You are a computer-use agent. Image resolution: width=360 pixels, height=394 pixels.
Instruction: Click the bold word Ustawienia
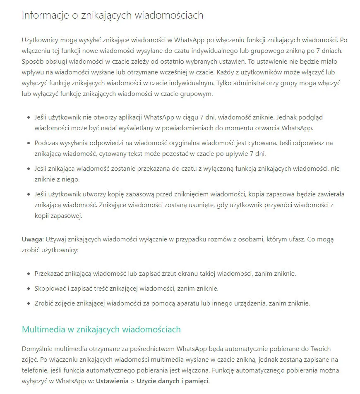tap(112, 381)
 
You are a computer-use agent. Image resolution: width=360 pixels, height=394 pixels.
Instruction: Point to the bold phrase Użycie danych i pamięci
tap(173, 381)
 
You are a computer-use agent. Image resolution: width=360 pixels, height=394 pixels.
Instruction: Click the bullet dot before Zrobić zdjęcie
tap(28, 303)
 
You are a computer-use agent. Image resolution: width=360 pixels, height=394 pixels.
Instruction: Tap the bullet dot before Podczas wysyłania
tap(28, 143)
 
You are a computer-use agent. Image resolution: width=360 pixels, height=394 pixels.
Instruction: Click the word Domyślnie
tap(38, 349)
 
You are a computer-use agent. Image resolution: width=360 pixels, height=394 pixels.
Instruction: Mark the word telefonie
tap(35, 370)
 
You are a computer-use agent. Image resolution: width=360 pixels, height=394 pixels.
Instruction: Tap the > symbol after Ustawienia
tap(132, 381)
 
